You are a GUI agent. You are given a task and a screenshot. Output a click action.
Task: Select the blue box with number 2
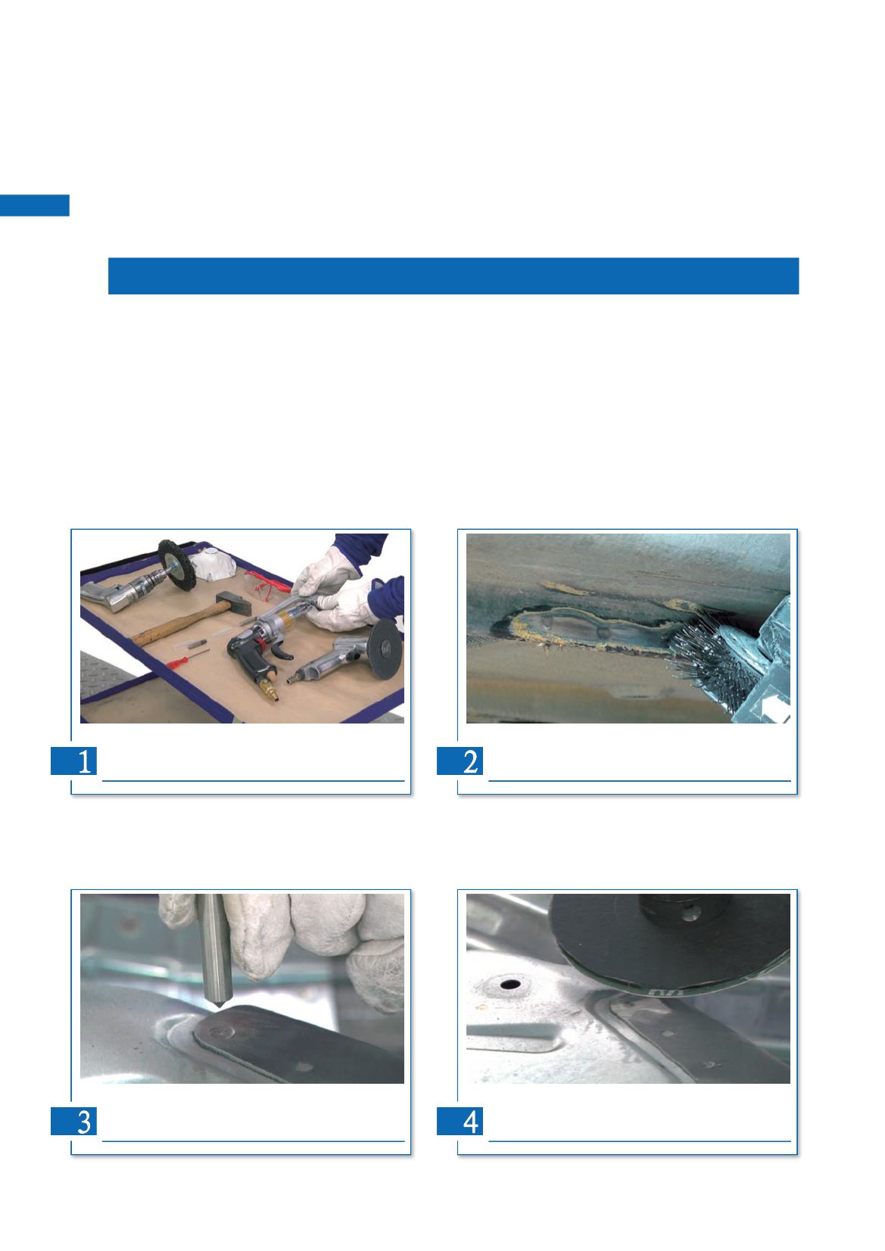pos(460,761)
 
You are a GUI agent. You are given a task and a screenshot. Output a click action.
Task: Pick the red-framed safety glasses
pos(267,583)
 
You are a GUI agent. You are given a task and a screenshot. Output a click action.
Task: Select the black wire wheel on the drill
pos(176,565)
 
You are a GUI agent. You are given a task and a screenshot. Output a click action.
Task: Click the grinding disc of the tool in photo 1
pos(386,649)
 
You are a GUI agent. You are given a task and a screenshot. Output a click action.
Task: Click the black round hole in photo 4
pos(510,984)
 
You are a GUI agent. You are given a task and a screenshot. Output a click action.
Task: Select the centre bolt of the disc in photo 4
pos(690,913)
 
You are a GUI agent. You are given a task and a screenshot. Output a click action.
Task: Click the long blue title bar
pos(453,276)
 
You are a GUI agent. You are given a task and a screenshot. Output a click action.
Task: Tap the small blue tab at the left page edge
pos(35,205)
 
